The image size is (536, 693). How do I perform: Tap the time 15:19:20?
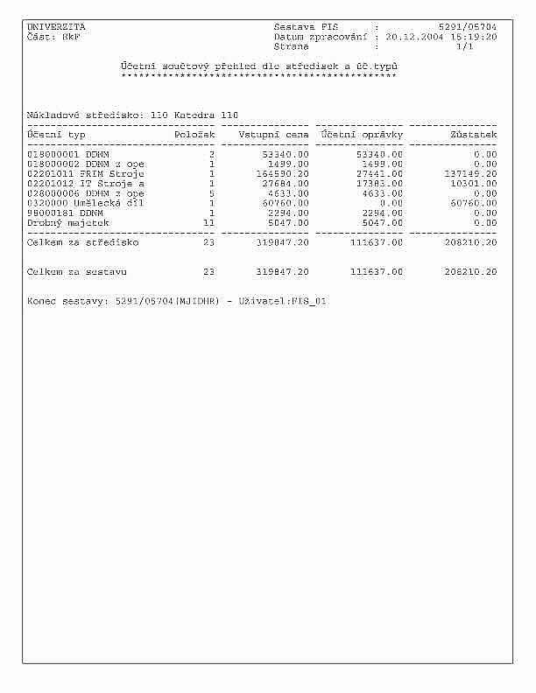[474, 37]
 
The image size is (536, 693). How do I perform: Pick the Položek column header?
[194, 135]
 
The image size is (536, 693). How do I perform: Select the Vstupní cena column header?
[273, 135]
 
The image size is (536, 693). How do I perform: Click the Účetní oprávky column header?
[362, 135]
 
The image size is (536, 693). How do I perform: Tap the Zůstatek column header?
[473, 135]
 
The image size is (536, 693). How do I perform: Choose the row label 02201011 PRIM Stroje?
[85, 173]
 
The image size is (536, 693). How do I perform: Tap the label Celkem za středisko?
[82, 242]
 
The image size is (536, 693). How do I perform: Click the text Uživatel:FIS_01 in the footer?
[282, 301]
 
